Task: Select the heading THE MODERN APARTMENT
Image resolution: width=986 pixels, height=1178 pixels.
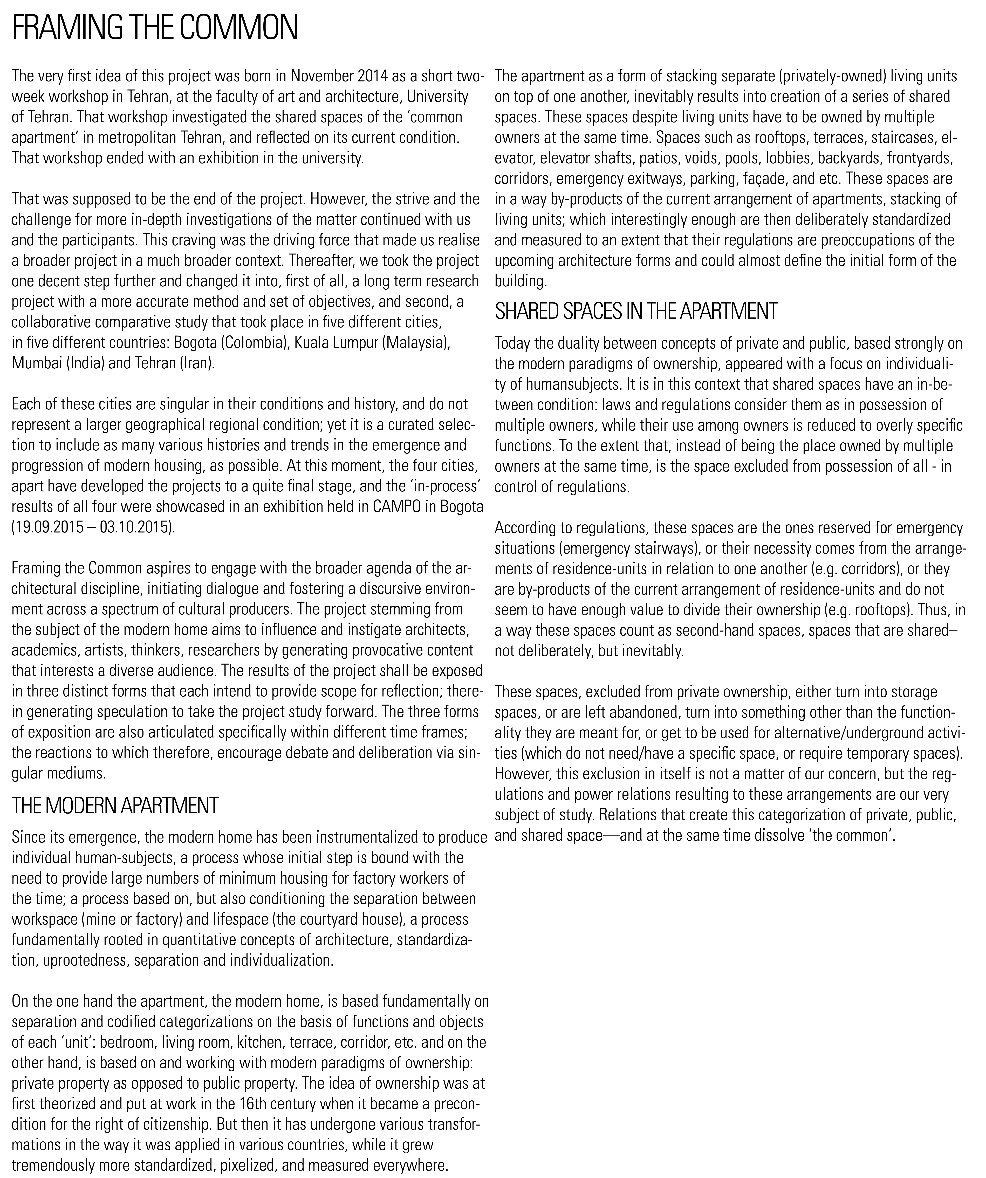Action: [115, 805]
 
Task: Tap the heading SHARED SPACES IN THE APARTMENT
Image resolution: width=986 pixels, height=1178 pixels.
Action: [636, 311]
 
